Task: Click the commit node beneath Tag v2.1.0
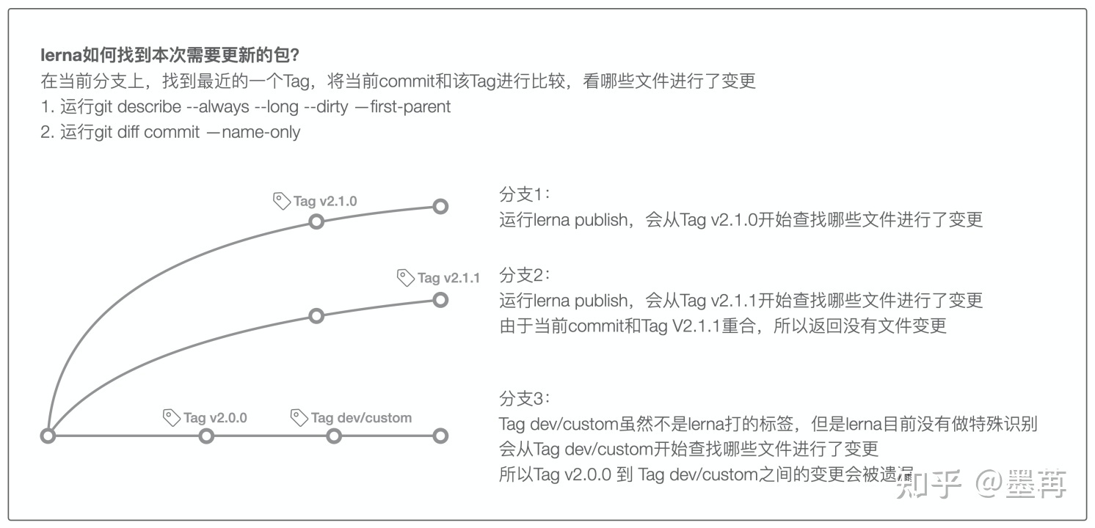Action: coord(316,221)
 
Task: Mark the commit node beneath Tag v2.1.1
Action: coord(440,299)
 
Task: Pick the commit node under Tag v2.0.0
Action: coord(207,436)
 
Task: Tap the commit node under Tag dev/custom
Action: coord(334,436)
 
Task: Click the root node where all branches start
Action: coord(48,436)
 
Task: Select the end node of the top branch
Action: coord(440,207)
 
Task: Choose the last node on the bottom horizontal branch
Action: coord(440,436)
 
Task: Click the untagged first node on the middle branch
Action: coord(316,316)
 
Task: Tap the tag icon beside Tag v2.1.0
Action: coord(281,200)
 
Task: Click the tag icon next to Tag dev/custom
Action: coord(299,417)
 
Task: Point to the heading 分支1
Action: coord(524,195)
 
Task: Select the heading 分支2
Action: coord(524,275)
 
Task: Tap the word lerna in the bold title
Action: coord(59,56)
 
